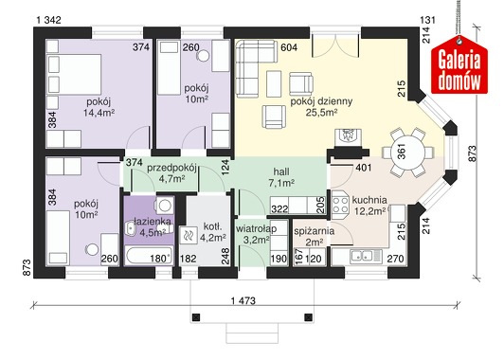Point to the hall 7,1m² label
pyautogui.click(x=281, y=176)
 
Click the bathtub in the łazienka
pyautogui.click(x=149, y=255)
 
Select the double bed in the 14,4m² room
pyautogui.click(x=74, y=74)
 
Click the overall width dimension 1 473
pyautogui.click(x=243, y=300)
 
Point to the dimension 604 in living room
pyautogui.click(x=289, y=47)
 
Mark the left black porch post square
pyautogui.click(x=196, y=317)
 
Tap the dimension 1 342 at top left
pyautogui.click(x=49, y=20)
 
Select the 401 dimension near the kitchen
pyautogui.click(x=363, y=168)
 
